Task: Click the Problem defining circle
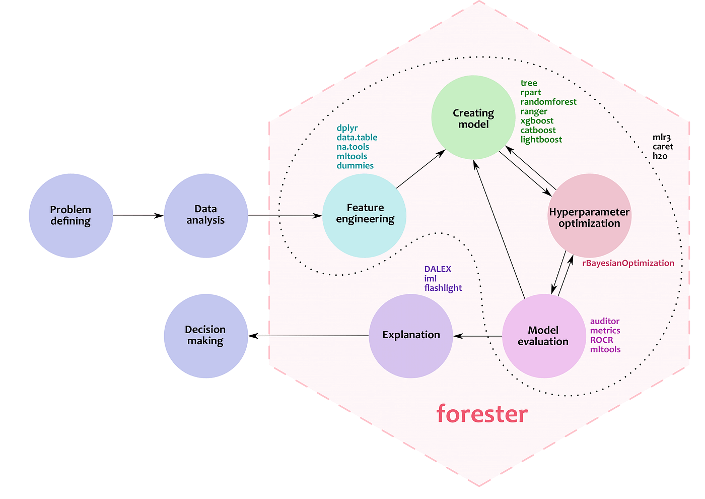(x=70, y=216)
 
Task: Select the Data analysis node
(x=205, y=215)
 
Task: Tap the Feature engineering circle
(x=365, y=215)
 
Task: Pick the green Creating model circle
(x=473, y=118)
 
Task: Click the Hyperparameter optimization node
(x=589, y=217)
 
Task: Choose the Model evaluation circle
(x=544, y=336)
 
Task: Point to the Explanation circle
(x=411, y=336)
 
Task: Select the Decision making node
(x=205, y=336)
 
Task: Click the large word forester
(x=482, y=413)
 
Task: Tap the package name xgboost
(x=537, y=121)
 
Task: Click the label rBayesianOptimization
(x=628, y=263)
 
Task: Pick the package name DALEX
(x=438, y=269)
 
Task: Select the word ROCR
(x=601, y=340)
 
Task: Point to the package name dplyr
(x=347, y=128)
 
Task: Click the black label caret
(x=663, y=147)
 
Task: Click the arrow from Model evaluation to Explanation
(x=478, y=336)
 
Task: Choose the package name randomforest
(x=548, y=102)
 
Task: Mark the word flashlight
(x=443, y=288)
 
